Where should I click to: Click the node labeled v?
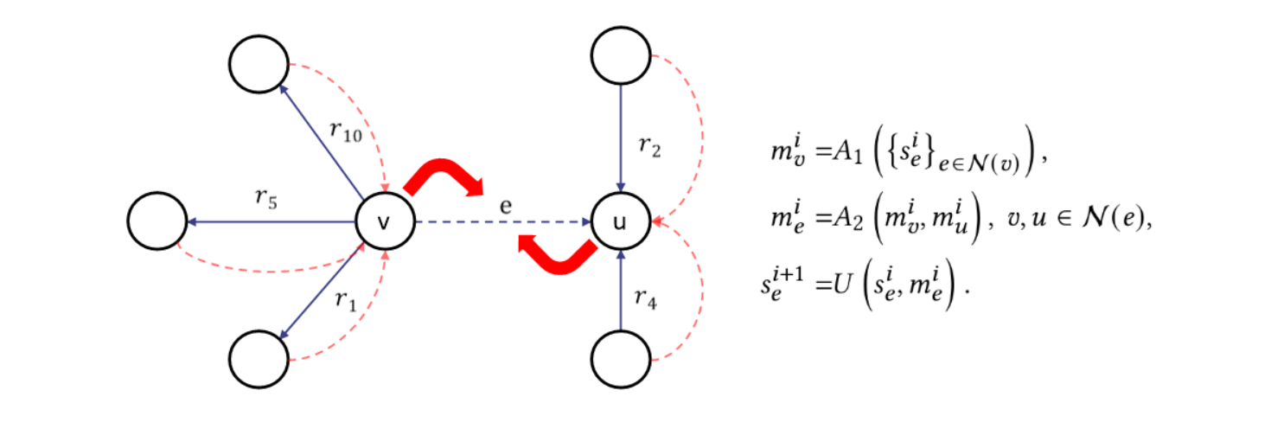[x=385, y=221]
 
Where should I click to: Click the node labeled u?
[x=620, y=221]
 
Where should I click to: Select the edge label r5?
[x=265, y=197]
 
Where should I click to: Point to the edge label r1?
[x=346, y=300]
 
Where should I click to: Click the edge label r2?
[x=649, y=146]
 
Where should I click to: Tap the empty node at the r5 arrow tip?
[x=156, y=221]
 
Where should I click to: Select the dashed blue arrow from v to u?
[x=501, y=222]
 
